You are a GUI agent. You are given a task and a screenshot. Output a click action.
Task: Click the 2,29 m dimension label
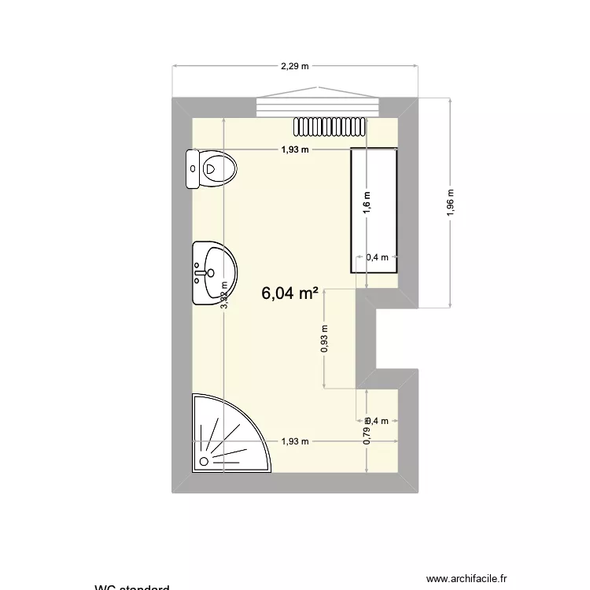295,67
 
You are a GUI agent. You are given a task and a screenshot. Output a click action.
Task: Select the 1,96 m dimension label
451,203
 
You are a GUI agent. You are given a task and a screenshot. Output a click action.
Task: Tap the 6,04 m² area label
289,293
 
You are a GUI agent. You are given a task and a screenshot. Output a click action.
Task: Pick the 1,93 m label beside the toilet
295,149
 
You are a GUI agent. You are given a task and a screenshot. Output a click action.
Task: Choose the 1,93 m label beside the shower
295,441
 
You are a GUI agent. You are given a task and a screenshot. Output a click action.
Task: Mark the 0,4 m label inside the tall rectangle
378,257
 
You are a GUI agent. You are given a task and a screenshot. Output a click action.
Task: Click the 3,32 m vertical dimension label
224,297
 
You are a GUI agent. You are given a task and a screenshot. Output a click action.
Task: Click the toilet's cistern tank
193,169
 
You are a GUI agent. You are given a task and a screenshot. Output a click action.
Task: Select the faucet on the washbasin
200,274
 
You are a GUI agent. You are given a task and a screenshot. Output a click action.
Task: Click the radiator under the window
329,125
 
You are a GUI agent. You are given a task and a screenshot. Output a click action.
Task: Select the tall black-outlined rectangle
374,208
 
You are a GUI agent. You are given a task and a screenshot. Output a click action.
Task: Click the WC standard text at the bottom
131,587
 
